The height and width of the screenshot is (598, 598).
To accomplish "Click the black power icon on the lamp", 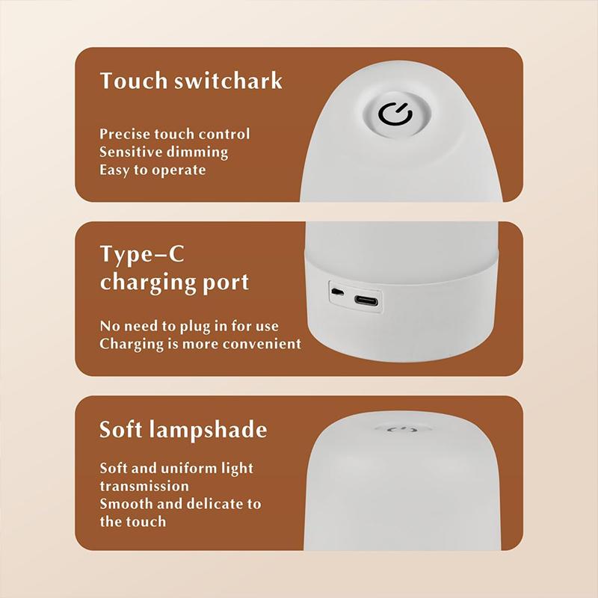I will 395,114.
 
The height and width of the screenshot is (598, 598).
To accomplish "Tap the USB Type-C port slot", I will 366,300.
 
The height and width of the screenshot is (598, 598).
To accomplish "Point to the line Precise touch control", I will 175,135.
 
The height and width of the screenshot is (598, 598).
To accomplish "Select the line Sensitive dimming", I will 164,152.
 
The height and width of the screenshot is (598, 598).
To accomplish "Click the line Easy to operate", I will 152,170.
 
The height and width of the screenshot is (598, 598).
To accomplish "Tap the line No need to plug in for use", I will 189,327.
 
